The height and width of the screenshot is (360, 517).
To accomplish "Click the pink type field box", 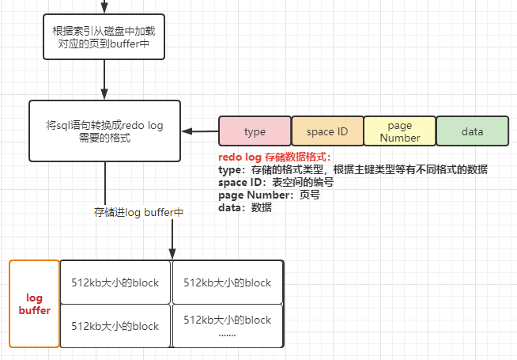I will tap(255, 132).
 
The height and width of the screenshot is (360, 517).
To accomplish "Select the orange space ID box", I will tap(326, 132).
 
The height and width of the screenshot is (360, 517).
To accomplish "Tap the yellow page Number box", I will tap(399, 132).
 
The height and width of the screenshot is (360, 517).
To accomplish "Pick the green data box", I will tap(472, 132).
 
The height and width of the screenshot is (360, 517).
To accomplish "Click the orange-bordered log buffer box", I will tap(34, 304).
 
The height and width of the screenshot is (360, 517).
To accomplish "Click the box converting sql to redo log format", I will tap(104, 131).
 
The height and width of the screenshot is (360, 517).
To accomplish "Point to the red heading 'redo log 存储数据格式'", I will tap(274, 157).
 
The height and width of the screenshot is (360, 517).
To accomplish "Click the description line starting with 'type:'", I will tap(353, 170).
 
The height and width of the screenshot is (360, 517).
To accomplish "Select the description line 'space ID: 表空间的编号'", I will tap(275, 182).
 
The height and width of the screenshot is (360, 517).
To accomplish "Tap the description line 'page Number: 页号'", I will tap(269, 195).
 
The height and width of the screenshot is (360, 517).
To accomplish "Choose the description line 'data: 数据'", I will tap(245, 207).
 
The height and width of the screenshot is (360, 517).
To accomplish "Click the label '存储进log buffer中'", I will tap(139, 212).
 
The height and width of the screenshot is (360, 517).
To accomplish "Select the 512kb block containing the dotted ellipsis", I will tap(227, 325).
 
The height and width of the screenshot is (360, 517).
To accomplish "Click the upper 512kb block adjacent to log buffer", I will tap(115, 282).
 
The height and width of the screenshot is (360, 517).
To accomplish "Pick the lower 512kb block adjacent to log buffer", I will tap(115, 325).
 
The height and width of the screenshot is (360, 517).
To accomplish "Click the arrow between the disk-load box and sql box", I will tap(104, 79).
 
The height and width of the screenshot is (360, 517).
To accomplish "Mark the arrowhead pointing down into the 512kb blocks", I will tap(172, 256).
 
